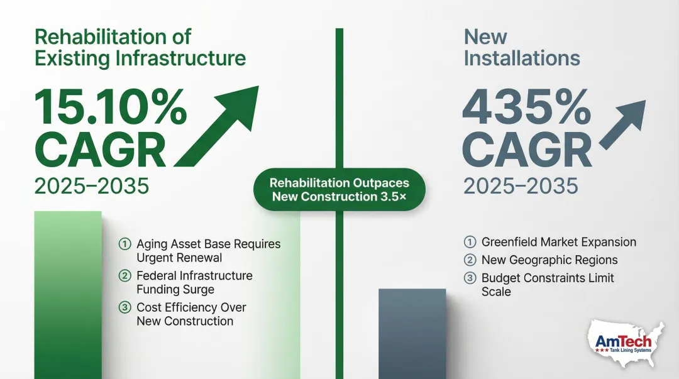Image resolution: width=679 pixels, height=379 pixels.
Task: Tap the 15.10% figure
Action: click(110, 106)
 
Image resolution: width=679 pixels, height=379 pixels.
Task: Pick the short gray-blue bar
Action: click(412, 333)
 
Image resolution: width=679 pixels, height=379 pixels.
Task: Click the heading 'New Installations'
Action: click(521, 48)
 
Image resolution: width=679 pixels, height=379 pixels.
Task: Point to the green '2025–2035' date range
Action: click(92, 186)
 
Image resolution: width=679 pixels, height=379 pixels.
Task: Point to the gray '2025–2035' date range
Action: click(521, 186)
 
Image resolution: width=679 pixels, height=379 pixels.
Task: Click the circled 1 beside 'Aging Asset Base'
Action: click(124, 244)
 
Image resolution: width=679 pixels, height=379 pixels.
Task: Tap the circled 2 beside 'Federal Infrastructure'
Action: click(124, 276)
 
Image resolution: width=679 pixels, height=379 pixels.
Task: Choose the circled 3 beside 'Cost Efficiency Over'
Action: click(124, 308)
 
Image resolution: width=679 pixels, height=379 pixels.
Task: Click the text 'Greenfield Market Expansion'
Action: click(558, 242)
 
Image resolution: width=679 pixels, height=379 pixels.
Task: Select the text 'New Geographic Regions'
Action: click(549, 260)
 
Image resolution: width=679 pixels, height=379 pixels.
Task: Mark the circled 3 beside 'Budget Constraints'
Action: click(470, 278)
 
